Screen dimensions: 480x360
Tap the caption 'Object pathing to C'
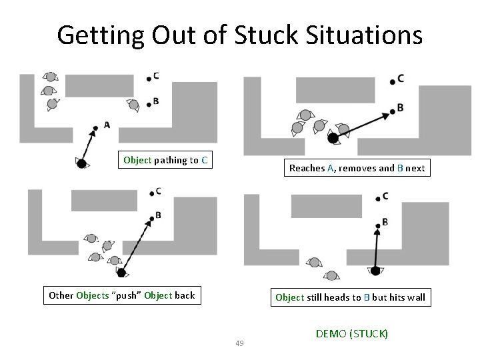click(x=165, y=160)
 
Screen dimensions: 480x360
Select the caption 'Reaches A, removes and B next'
click(x=357, y=168)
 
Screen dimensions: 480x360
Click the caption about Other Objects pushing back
click(x=122, y=295)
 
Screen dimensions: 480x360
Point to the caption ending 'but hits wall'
click(x=350, y=297)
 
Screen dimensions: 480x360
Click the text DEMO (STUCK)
click(x=351, y=333)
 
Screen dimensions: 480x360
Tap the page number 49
click(x=240, y=343)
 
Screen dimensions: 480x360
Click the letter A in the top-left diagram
click(x=107, y=125)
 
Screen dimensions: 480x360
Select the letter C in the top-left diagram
click(x=155, y=76)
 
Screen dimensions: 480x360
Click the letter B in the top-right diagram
click(x=400, y=107)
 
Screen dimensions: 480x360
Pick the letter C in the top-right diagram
click(x=400, y=79)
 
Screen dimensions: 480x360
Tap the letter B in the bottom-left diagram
click(x=158, y=215)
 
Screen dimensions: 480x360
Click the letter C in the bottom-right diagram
click(x=385, y=196)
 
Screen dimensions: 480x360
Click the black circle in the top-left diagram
click(x=81, y=163)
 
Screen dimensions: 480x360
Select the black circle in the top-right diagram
click(x=332, y=138)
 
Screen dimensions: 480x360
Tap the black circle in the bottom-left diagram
click(x=121, y=271)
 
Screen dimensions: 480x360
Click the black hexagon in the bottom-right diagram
click(x=375, y=271)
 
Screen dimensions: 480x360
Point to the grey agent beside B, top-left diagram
click(x=134, y=105)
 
